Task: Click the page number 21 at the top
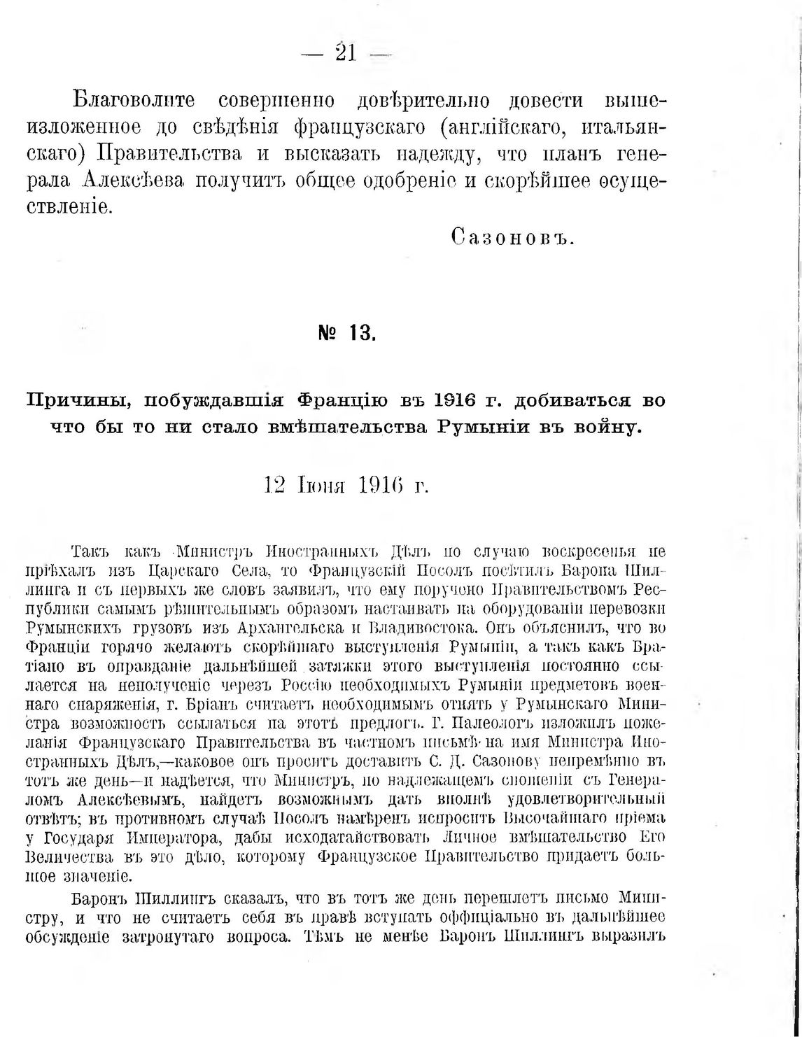pos(346,53)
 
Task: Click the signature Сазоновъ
pos(513,239)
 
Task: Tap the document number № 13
pos(347,333)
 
